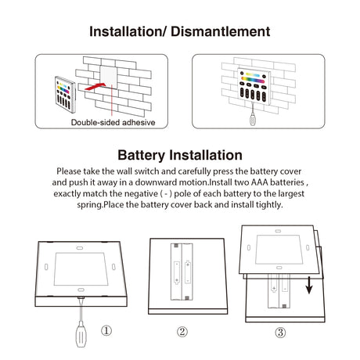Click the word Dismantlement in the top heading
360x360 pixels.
pos(221,31)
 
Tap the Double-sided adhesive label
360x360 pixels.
pos(113,122)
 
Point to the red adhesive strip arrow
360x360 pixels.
pos(95,86)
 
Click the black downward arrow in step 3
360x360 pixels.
pos(309,285)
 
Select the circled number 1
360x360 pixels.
pos(106,331)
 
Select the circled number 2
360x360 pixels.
pos(182,332)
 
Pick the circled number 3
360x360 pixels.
pos(280,333)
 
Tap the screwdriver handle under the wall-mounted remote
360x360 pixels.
pos(253,120)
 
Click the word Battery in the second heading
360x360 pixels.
pos(141,155)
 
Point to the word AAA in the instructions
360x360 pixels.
pos(260,182)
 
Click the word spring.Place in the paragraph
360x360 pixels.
pos(100,204)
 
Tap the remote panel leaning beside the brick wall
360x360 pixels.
pos(65,95)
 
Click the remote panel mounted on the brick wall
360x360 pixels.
pos(254,86)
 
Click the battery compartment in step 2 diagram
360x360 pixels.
pos(182,272)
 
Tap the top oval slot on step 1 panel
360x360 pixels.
pos(80,248)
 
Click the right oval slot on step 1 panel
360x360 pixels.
pos(113,267)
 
